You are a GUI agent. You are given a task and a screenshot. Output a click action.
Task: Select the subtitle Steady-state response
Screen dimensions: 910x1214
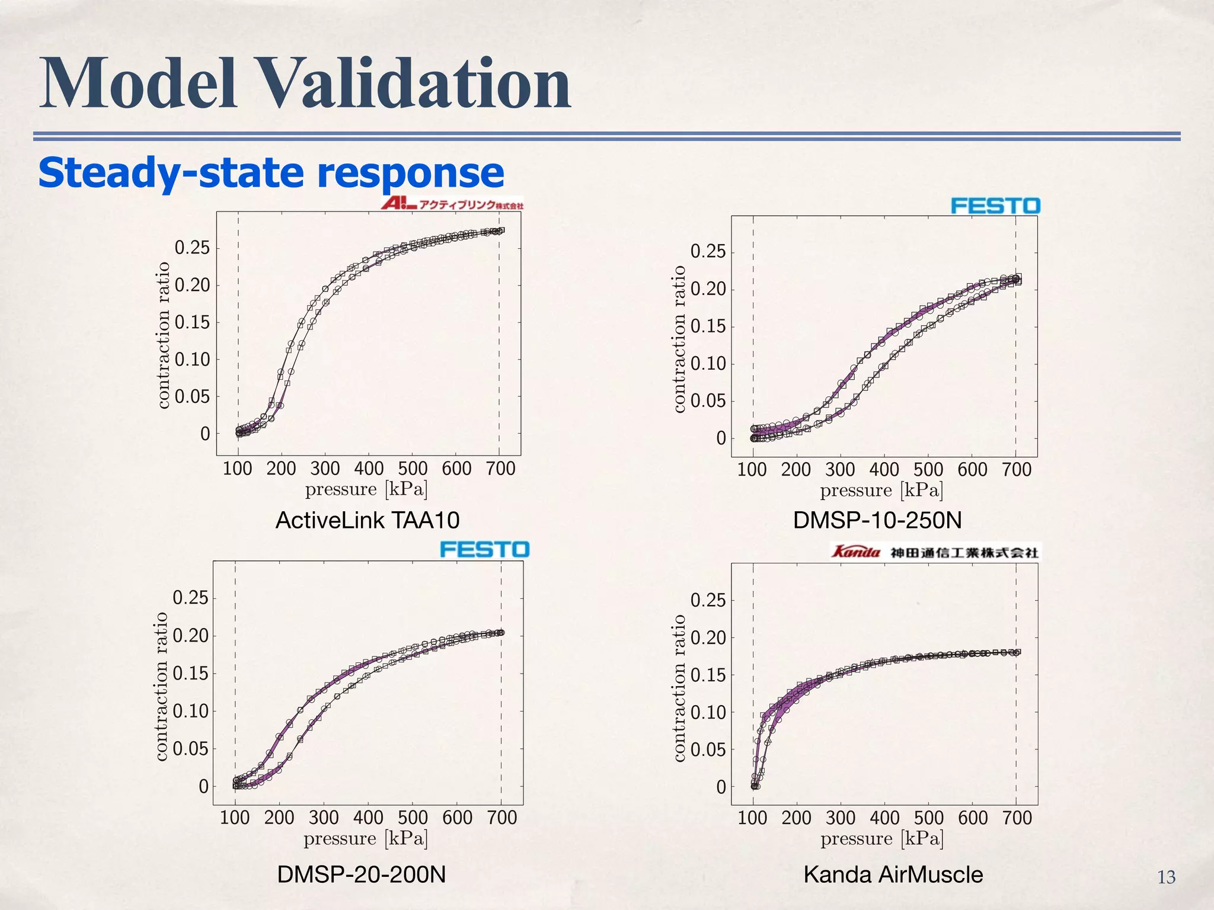271,172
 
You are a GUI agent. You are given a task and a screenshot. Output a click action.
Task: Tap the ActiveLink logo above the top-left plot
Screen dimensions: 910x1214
452,204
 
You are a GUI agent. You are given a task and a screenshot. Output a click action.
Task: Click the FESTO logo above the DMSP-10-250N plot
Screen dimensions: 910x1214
995,206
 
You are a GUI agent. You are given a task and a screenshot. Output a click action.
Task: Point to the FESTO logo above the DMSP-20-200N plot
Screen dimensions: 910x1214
484,549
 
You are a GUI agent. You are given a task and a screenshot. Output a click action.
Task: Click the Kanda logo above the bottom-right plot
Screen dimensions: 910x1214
935,552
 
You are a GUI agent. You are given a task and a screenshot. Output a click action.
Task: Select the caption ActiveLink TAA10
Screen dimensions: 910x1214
368,520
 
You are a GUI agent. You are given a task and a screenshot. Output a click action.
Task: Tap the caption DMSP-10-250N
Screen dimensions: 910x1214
877,520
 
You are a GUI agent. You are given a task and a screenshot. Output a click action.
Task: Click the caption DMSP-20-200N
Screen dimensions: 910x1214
361,874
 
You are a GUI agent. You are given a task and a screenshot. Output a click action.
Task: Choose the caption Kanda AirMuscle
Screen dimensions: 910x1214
893,874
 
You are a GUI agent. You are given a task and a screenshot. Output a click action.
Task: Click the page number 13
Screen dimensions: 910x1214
1166,877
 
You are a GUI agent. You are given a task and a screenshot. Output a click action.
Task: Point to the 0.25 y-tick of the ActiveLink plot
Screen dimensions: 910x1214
192,248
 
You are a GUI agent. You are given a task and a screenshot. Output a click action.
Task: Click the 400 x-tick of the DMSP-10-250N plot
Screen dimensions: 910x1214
884,470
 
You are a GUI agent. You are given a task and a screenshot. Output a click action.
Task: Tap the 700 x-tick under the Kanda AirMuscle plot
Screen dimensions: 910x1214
1017,818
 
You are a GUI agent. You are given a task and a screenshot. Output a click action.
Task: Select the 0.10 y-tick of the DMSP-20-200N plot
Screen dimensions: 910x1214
190,711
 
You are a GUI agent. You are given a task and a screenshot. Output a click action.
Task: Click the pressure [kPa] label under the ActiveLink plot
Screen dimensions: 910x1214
366,489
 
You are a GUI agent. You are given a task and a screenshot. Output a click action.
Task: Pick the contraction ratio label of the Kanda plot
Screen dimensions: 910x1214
679,687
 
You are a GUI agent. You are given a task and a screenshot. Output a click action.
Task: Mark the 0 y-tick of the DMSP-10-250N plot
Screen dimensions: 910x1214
721,438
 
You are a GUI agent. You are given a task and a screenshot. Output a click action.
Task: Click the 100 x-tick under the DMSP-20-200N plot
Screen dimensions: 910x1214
235,818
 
